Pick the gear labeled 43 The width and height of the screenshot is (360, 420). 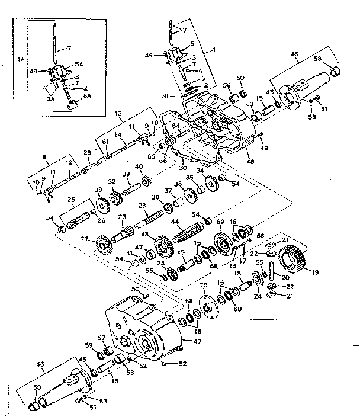(x=160, y=244)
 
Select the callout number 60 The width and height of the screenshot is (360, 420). (x=240, y=78)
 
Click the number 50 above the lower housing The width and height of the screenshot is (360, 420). (x=135, y=288)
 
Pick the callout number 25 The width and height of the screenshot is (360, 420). (x=70, y=199)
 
